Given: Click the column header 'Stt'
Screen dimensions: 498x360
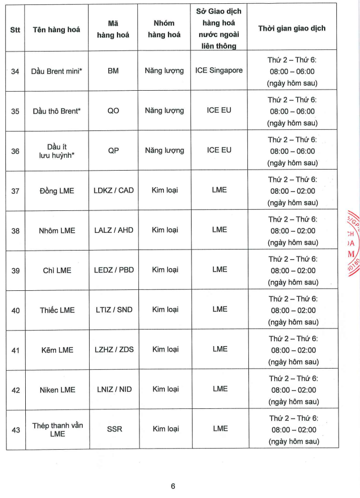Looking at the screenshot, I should tap(15, 30).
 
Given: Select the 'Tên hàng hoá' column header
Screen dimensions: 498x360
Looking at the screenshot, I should tap(56, 30).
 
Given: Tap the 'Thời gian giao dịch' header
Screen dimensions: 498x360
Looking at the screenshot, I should tap(292, 28).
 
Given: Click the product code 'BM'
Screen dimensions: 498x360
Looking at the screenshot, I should tap(113, 70).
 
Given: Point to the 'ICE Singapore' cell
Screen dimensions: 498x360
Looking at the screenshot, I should tap(219, 70).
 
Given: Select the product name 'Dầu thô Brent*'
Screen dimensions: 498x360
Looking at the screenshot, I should tap(56, 111).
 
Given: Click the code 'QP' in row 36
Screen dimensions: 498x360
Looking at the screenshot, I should tap(113, 151).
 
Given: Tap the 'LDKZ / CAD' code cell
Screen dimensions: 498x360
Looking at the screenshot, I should tap(114, 190).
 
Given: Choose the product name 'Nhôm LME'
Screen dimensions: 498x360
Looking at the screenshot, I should tap(57, 231).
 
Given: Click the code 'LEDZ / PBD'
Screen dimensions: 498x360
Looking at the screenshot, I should tap(114, 270).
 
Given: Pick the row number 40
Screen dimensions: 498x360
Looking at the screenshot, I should tap(15, 310).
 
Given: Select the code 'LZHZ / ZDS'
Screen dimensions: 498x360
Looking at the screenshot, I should tap(114, 349).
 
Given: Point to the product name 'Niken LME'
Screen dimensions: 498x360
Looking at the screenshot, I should tap(57, 390).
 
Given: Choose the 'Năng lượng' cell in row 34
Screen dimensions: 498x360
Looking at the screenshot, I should tap(164, 70).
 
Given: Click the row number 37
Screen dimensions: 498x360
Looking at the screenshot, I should tap(15, 191).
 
